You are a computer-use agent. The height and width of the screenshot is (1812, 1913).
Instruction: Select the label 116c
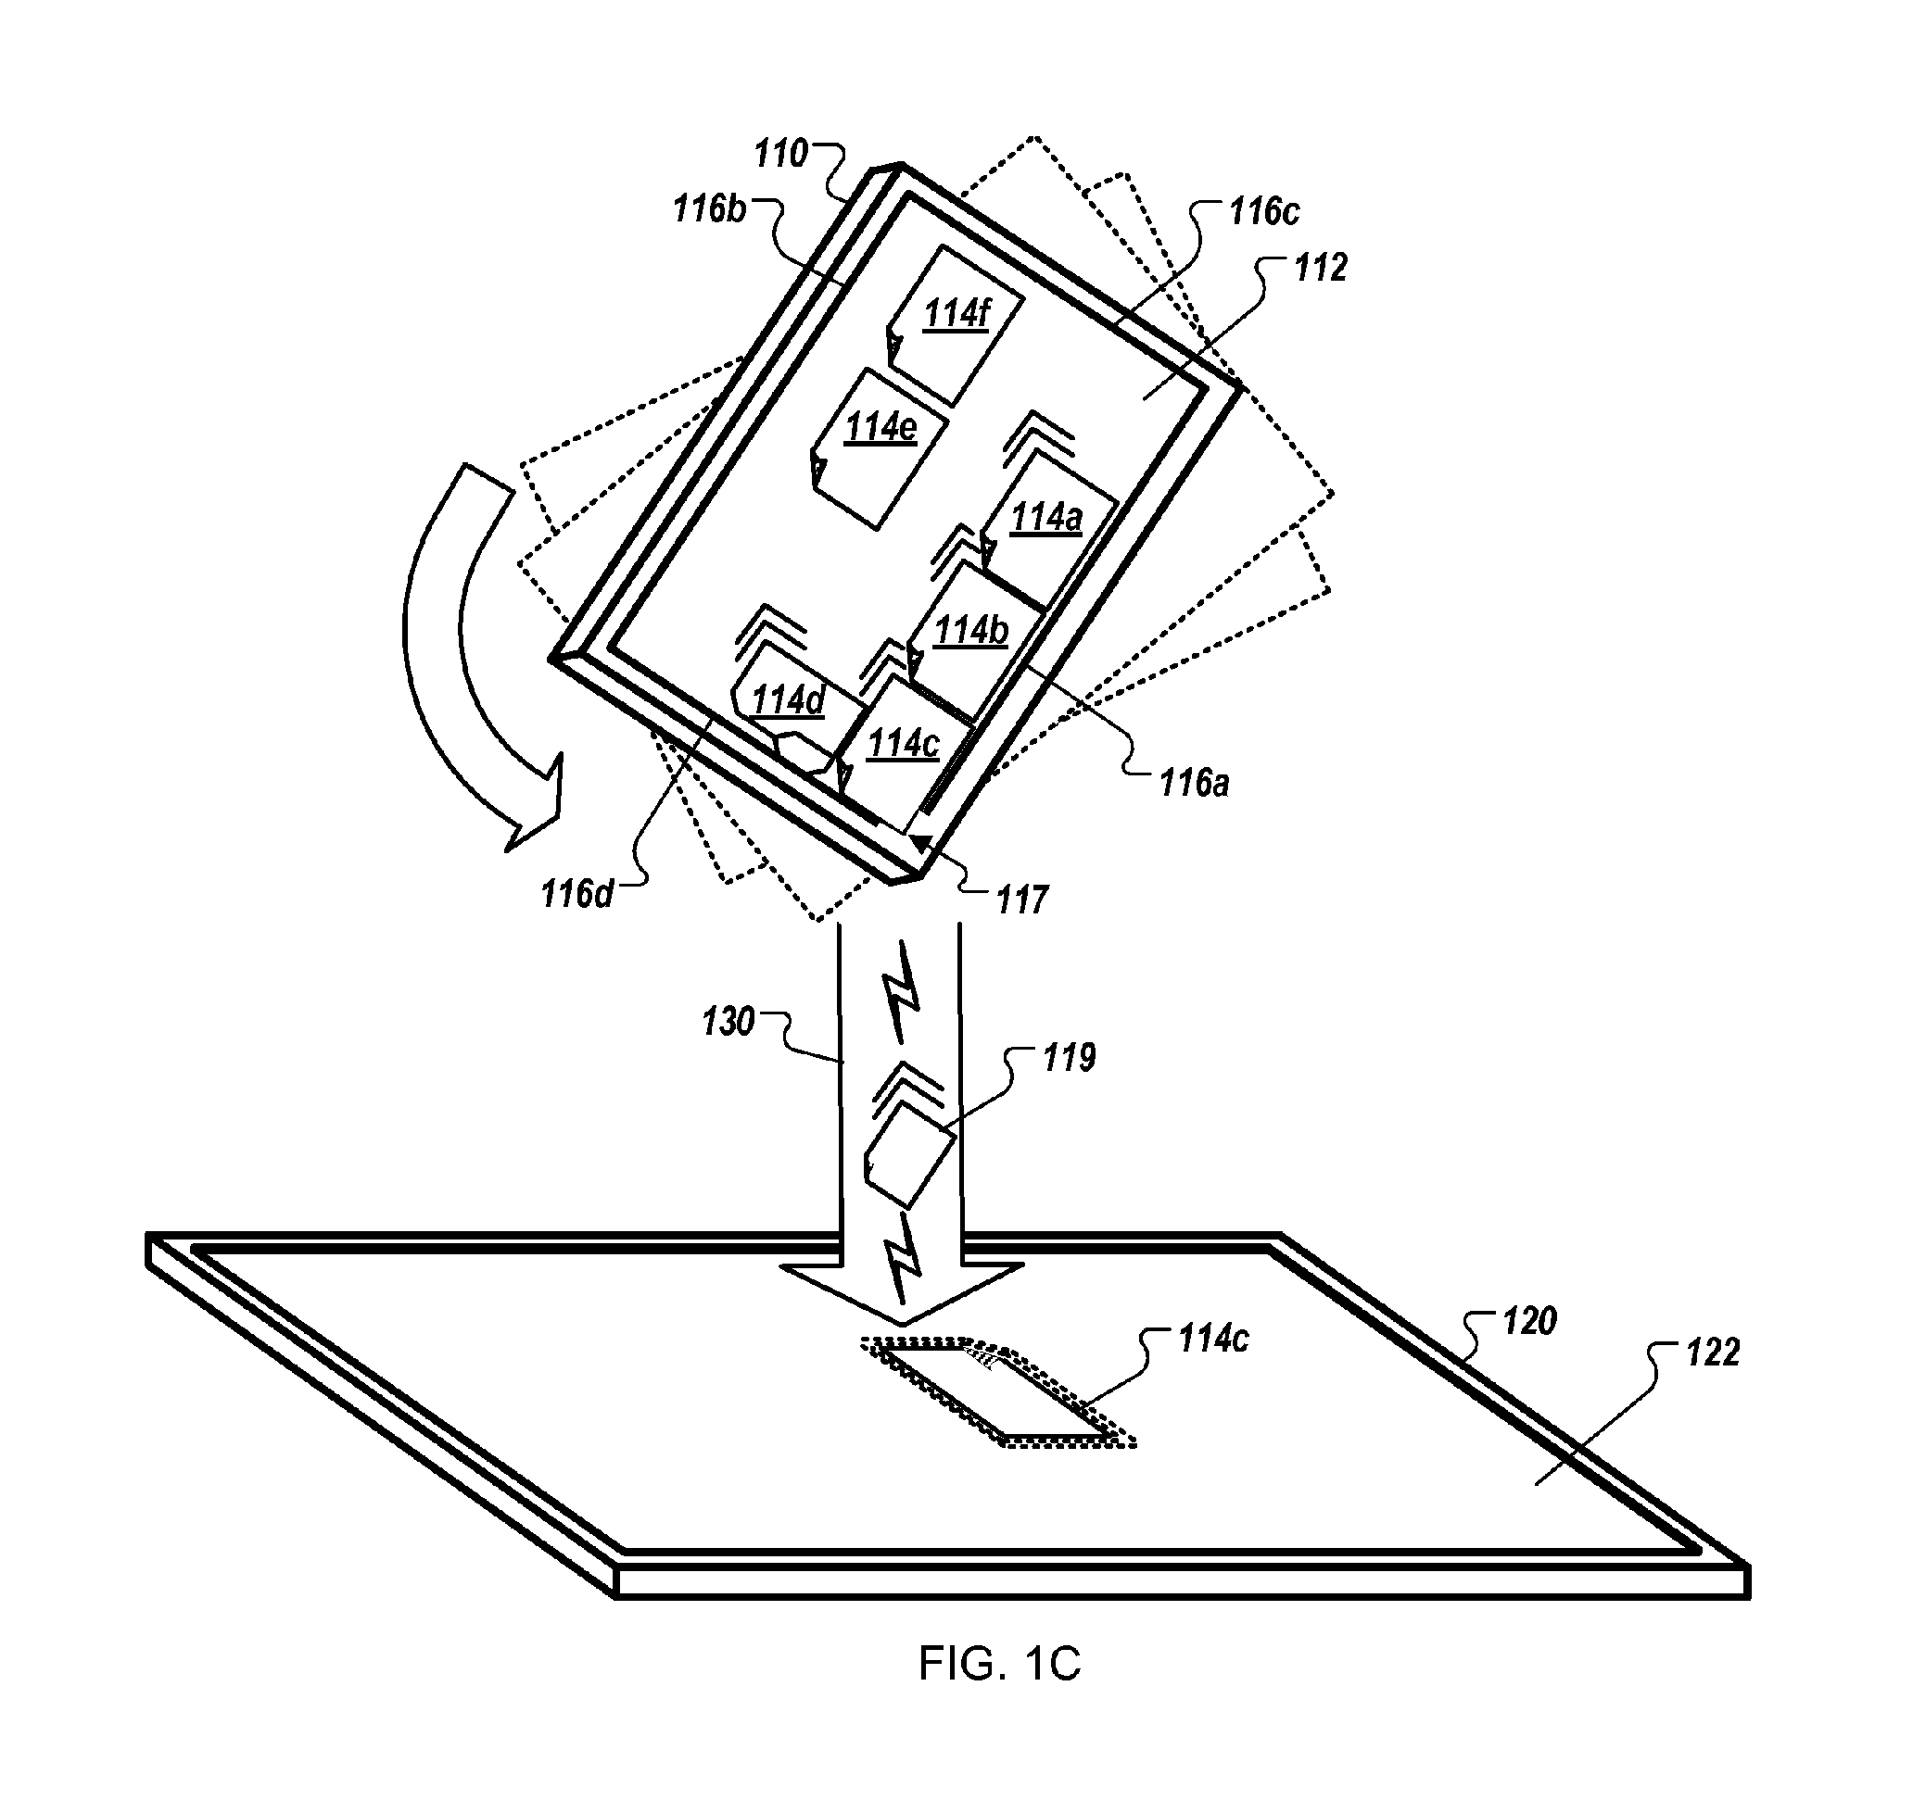coord(1263,211)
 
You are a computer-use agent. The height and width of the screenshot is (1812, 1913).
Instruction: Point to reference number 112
coord(1320,268)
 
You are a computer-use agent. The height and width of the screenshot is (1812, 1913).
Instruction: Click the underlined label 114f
coord(956,315)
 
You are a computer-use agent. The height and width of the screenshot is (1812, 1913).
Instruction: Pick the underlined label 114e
coord(880,427)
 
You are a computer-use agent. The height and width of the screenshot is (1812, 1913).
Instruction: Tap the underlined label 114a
coord(1045,519)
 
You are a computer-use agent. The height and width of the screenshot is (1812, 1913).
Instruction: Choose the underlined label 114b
coord(971,631)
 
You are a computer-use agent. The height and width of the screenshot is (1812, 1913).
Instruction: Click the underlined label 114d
coord(788,700)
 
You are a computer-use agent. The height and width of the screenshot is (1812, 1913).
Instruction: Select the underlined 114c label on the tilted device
coord(904,744)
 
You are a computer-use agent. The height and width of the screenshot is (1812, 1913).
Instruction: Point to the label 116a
coord(1194,784)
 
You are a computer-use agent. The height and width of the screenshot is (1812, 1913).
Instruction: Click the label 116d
coord(576,894)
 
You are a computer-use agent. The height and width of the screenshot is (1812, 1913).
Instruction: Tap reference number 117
coord(1022,900)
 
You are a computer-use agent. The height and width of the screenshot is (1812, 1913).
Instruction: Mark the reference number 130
coord(728,1022)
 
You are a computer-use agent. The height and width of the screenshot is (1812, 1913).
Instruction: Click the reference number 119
coord(1069,1059)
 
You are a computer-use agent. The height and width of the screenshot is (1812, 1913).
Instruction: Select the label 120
coord(1529,1321)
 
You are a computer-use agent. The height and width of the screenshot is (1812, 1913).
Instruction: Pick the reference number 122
coord(1712,1353)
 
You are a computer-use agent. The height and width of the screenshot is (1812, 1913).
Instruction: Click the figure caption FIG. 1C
coord(999,1663)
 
